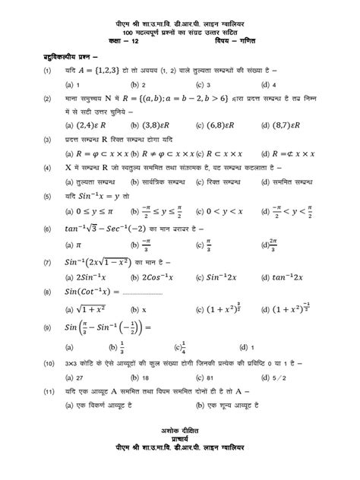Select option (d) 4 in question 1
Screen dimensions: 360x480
pos(267,85)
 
